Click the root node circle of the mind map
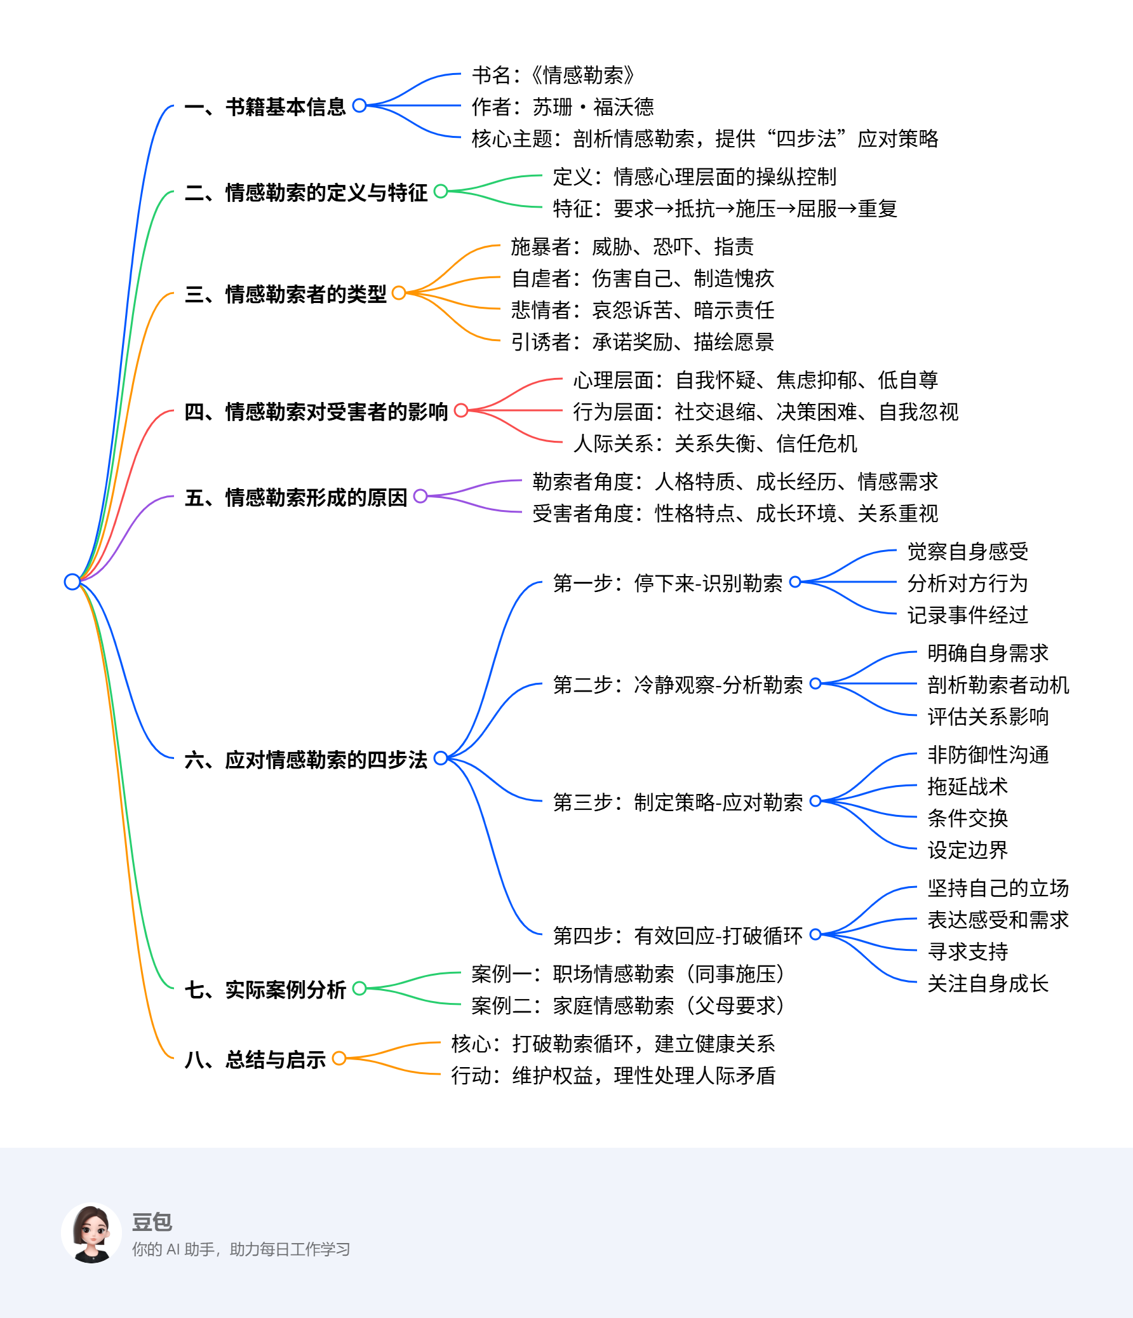coord(72,581)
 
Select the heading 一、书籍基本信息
coord(265,106)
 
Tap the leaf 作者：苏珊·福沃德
coord(562,106)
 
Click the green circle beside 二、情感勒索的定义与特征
coord(440,191)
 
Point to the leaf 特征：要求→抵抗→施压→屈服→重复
coord(725,208)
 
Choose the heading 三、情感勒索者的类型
coord(285,293)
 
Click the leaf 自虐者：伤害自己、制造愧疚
coord(643,278)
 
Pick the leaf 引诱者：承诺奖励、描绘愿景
coord(643,342)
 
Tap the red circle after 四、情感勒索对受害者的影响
coord(461,410)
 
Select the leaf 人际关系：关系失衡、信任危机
coord(714,443)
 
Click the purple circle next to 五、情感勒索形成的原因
coord(420,495)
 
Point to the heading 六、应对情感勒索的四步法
coord(305,759)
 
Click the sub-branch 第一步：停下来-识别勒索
coord(667,582)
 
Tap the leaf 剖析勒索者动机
coord(998,685)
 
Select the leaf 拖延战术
coord(967,786)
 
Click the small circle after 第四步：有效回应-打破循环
coord(815,934)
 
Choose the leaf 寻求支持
coord(967,952)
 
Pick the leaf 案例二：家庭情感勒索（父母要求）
coord(627,1005)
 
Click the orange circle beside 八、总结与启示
coord(339,1058)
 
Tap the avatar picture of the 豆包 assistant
coord(91,1233)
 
